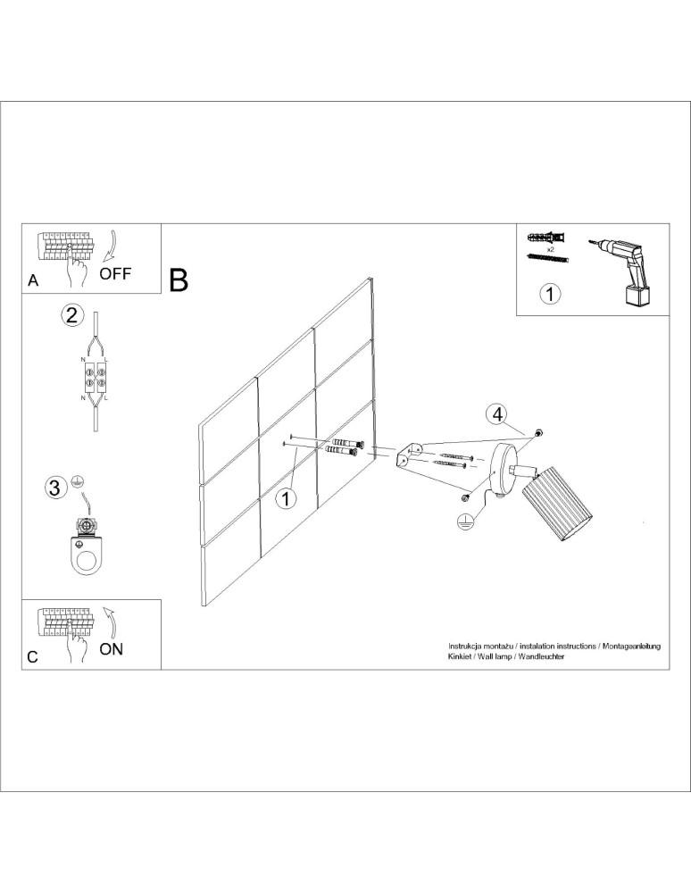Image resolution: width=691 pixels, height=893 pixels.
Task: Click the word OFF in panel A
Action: tap(115, 273)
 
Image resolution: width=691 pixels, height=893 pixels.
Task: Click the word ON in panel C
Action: tap(112, 649)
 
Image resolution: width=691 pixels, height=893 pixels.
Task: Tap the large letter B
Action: tap(179, 280)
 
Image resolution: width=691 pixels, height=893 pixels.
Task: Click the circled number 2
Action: tap(73, 314)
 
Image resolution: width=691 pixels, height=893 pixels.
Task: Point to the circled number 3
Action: tap(55, 488)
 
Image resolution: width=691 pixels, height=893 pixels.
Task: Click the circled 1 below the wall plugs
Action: tap(551, 293)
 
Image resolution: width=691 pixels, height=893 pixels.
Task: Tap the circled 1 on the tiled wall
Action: tap(286, 498)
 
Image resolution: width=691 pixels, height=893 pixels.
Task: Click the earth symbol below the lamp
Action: tap(463, 524)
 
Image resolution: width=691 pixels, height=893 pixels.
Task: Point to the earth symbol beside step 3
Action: tap(78, 480)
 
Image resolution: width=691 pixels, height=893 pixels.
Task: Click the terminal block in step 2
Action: tap(96, 374)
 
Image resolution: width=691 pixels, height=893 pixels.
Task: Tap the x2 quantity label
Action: tap(551, 249)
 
